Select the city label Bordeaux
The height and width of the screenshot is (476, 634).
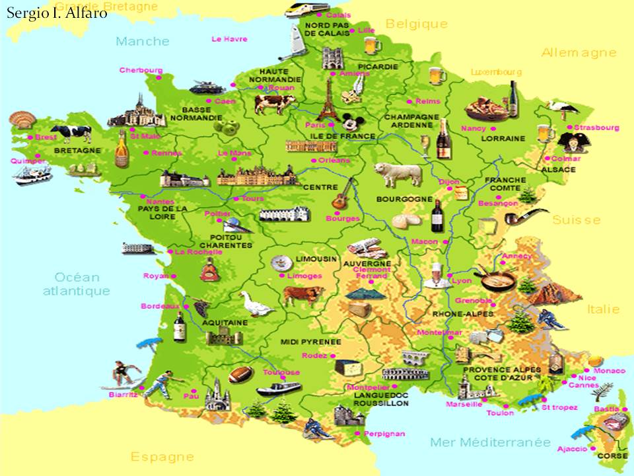160,306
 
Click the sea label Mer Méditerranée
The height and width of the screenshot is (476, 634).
490,442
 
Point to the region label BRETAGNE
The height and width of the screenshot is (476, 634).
77,151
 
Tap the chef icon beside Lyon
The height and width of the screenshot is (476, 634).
436,274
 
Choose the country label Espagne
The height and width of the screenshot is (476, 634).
162,456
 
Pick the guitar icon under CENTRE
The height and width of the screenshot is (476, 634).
342,193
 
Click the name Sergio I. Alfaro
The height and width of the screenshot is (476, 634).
56,13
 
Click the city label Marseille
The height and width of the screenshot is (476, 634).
464,404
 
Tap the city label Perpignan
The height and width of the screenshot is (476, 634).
384,434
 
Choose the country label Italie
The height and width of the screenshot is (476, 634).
604,309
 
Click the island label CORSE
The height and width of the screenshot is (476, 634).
612,456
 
